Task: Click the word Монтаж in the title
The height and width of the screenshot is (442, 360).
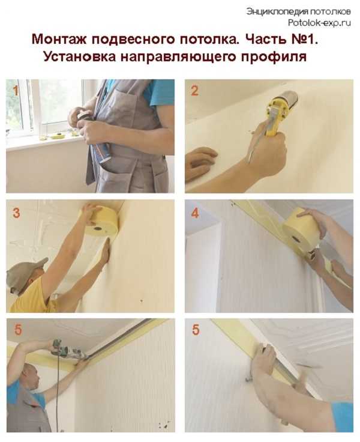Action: pyautogui.click(x=59, y=39)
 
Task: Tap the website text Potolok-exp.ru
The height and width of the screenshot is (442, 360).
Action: pyautogui.click(x=319, y=23)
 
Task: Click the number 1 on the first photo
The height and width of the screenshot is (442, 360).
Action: pyautogui.click(x=16, y=91)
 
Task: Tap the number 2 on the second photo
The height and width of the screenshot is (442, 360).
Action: pyautogui.click(x=194, y=91)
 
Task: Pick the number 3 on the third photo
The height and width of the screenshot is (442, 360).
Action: pyautogui.click(x=16, y=213)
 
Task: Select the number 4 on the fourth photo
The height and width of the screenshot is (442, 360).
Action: pyautogui.click(x=195, y=213)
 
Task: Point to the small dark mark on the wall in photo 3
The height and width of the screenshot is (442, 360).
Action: pyautogui.click(x=142, y=301)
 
